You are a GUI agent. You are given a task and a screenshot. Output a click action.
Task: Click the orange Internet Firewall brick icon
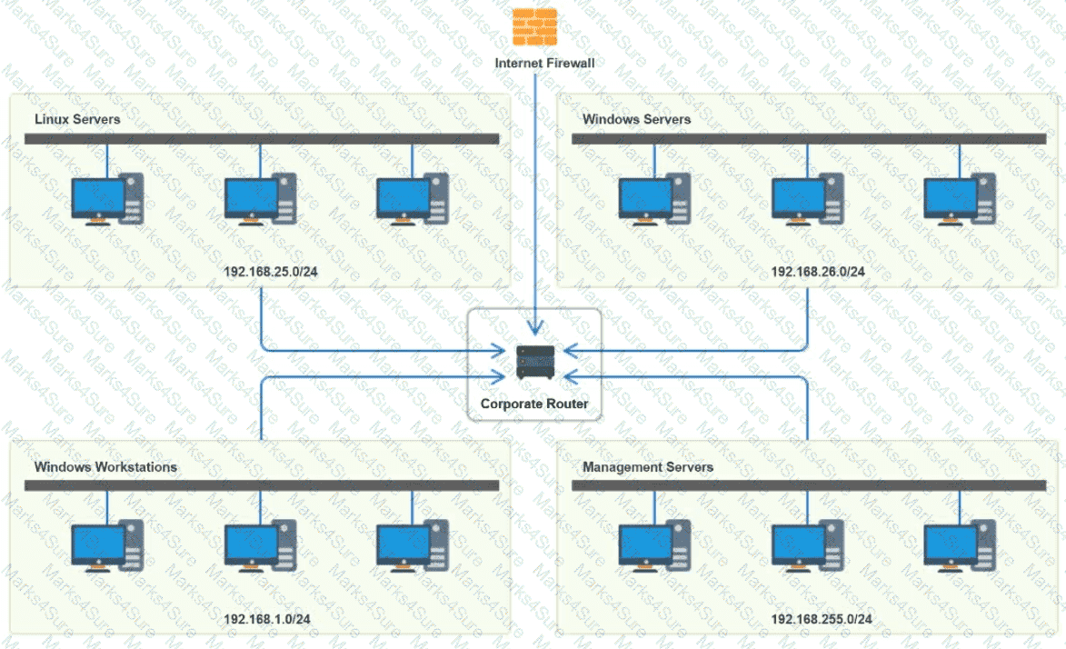tap(534, 27)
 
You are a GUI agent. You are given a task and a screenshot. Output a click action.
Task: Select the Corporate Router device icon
tap(534, 362)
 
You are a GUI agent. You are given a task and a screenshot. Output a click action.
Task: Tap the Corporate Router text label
tap(534, 404)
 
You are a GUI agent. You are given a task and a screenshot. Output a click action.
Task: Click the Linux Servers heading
tap(77, 119)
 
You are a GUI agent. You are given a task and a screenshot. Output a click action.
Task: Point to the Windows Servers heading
tap(636, 119)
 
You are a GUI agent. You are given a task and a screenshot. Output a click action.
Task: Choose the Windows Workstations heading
tap(105, 467)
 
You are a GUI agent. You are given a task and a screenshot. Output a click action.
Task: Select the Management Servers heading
tap(648, 467)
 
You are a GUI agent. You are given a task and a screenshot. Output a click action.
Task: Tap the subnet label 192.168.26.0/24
tap(818, 271)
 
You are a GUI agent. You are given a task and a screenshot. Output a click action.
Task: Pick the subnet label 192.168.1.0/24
tap(267, 619)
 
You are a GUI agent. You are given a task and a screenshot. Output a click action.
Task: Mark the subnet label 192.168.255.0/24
tap(822, 619)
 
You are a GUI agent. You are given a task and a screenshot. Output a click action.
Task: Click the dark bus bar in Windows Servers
tap(809, 139)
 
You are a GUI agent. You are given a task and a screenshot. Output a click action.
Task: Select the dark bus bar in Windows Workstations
tap(262, 486)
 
